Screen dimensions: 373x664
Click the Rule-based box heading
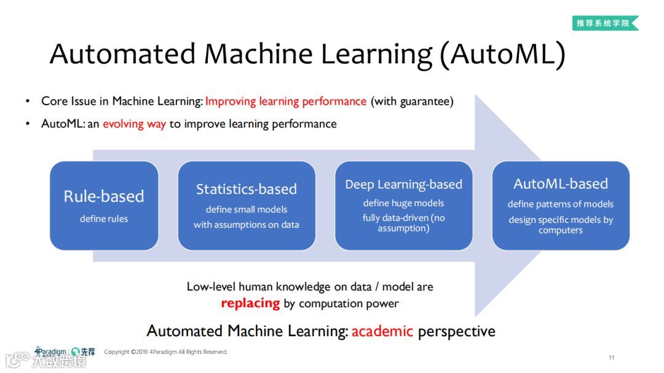coord(104,196)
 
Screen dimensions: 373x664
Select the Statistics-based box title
coord(246,189)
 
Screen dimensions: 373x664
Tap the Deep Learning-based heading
coord(403,184)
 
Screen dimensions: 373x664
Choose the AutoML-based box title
coord(560,183)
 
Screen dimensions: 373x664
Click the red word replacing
coord(250,303)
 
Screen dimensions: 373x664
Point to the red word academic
coord(382,331)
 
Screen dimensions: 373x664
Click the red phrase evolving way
coord(134,124)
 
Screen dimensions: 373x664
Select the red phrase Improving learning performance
coord(285,102)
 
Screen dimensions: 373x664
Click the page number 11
coord(611,358)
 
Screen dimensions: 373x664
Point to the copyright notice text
coord(165,352)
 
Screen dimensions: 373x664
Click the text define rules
coord(104,219)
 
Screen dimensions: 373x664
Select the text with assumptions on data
coord(246,225)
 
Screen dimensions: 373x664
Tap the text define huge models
coord(403,203)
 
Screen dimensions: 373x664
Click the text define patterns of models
coord(560,204)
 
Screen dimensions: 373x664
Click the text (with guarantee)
coord(412,102)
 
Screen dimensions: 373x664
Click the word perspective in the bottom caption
coord(456,331)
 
